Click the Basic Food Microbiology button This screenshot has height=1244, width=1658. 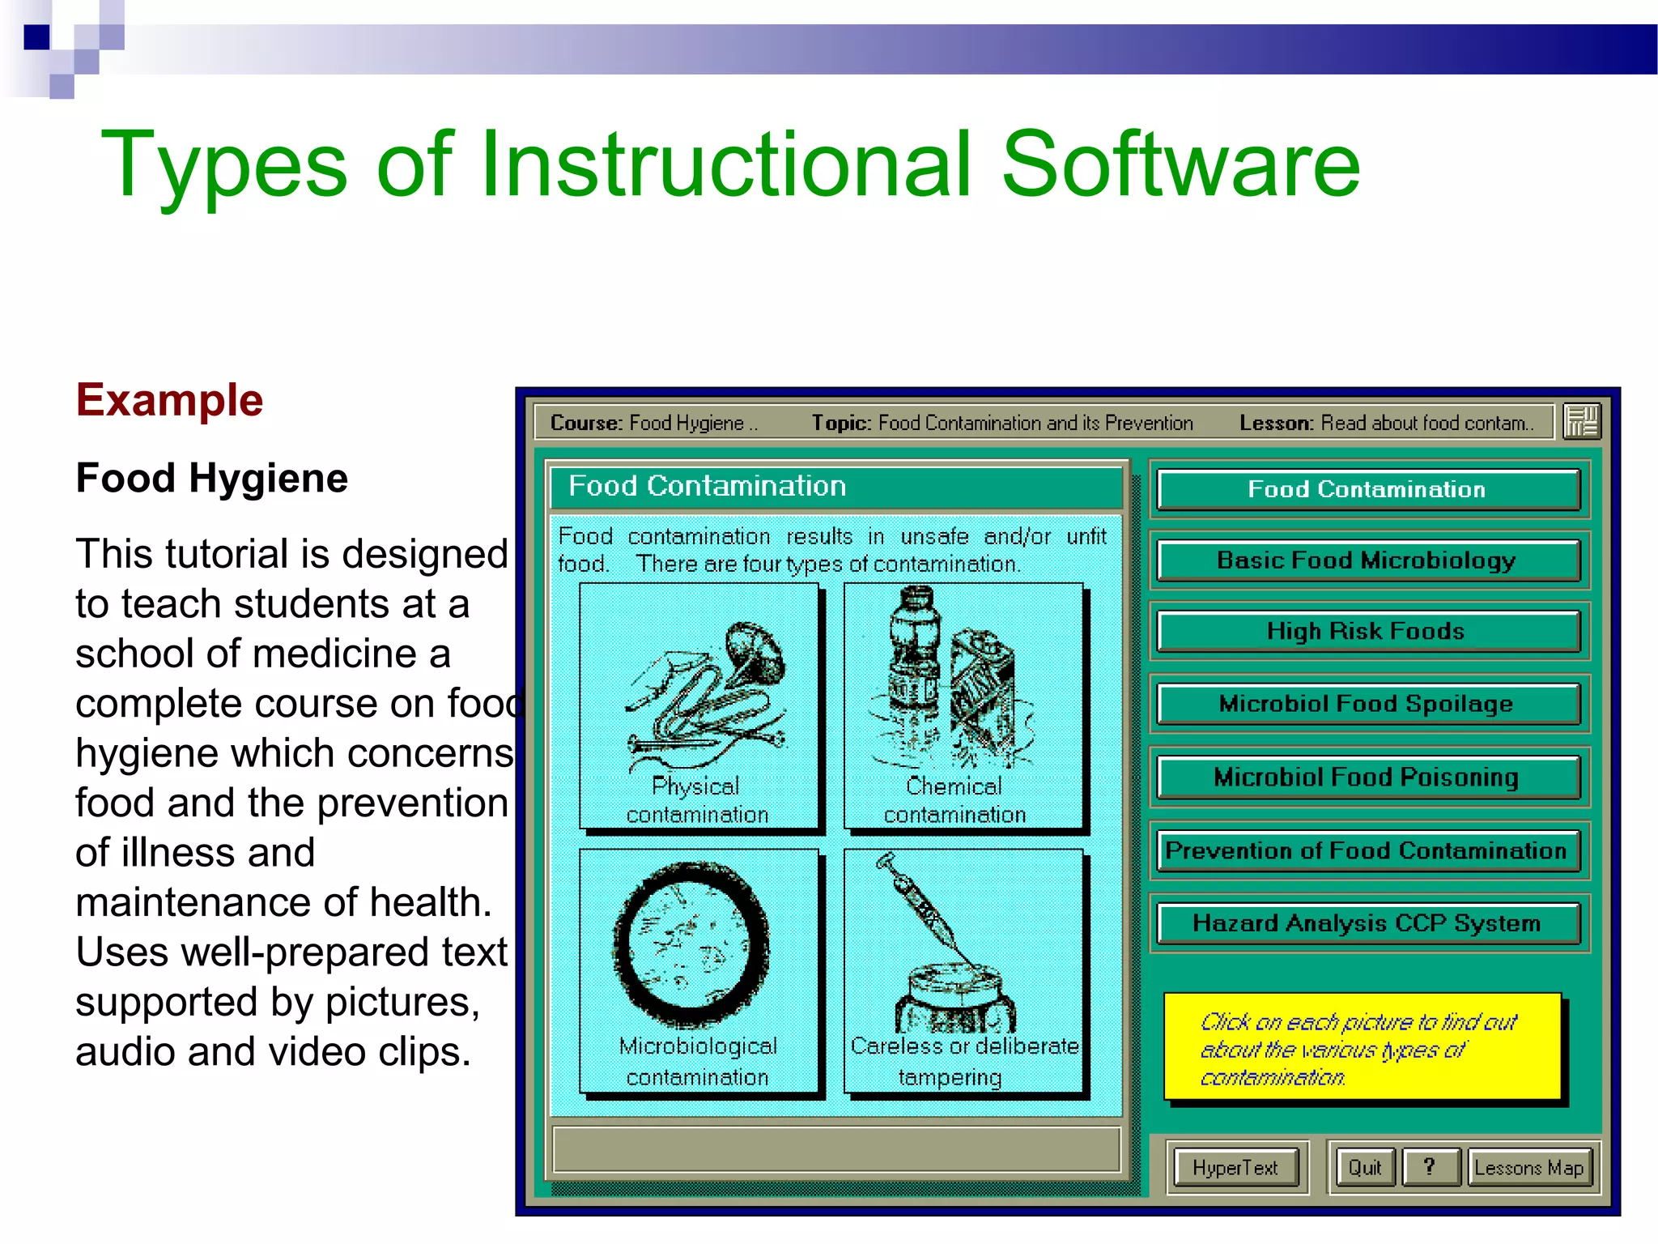(1367, 560)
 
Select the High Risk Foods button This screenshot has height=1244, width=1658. (1367, 632)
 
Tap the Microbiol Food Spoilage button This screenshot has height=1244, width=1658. (1367, 704)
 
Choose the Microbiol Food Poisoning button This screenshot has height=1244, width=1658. (1367, 777)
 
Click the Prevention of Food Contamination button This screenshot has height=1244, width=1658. (1367, 850)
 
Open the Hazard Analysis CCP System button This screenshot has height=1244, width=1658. (1367, 923)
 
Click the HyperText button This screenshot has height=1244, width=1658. (1235, 1168)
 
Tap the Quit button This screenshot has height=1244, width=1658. (1365, 1168)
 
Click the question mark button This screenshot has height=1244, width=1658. (1431, 1167)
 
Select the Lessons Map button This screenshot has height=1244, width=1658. (1529, 1168)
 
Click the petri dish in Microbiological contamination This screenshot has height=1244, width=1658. (691, 944)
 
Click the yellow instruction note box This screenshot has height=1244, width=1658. (1362, 1048)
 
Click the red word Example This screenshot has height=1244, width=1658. (170, 400)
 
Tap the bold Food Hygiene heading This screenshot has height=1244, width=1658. (212, 478)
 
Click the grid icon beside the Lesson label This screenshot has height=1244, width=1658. (1581, 422)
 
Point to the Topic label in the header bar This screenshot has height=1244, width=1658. (841, 423)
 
